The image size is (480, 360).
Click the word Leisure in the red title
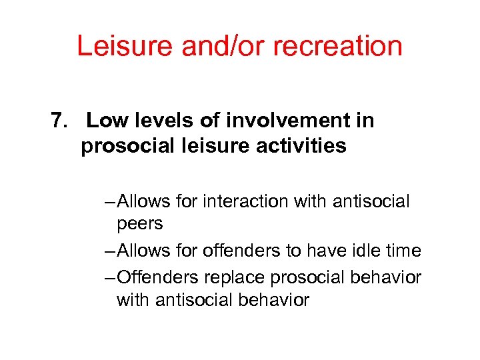(115, 47)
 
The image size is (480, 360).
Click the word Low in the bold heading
(104, 121)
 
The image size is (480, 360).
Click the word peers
(139, 224)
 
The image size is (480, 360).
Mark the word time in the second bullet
(405, 251)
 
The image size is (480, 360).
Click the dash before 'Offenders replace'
(109, 277)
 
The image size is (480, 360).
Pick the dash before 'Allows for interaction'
(109, 201)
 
